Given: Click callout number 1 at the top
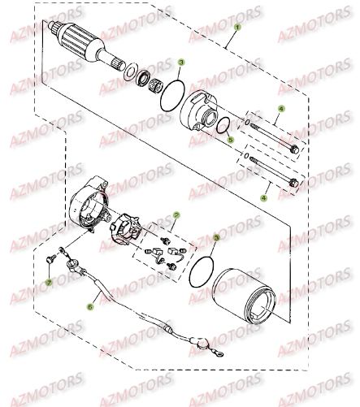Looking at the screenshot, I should click(237, 26).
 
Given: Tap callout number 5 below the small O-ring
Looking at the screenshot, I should click(231, 140).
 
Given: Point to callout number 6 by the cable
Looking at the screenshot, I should click(91, 307).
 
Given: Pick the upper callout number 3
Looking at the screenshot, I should click(182, 62).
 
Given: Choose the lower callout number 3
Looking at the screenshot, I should click(217, 239).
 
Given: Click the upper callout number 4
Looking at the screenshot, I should click(280, 109).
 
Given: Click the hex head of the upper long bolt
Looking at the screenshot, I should click(293, 149).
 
